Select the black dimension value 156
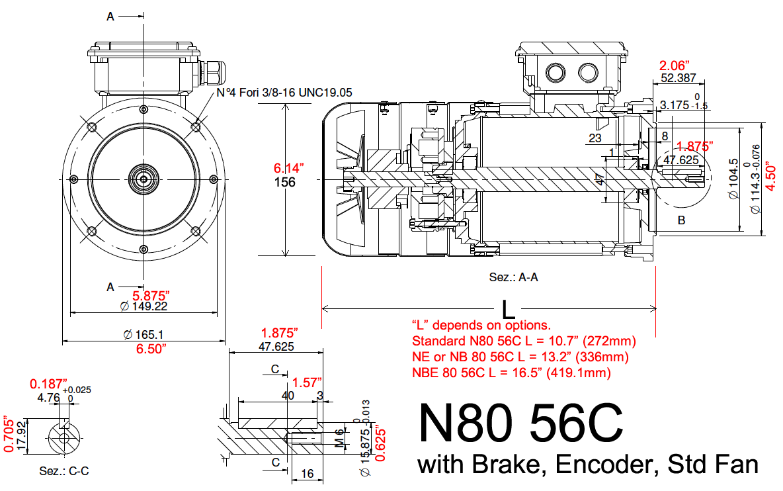pos(285,183)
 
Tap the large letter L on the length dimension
pos(509,309)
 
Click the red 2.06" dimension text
pos(675,66)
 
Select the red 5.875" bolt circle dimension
pos(151,295)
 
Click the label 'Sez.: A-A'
pos(513,277)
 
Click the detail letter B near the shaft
pos(682,220)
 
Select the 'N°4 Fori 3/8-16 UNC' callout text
pos(285,93)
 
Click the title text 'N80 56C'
pos(520,424)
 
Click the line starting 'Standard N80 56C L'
pos(524,341)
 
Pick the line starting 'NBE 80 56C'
pos(511,373)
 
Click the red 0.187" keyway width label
pos(48,384)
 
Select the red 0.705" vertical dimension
pos(8,434)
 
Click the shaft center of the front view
pos(144,179)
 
